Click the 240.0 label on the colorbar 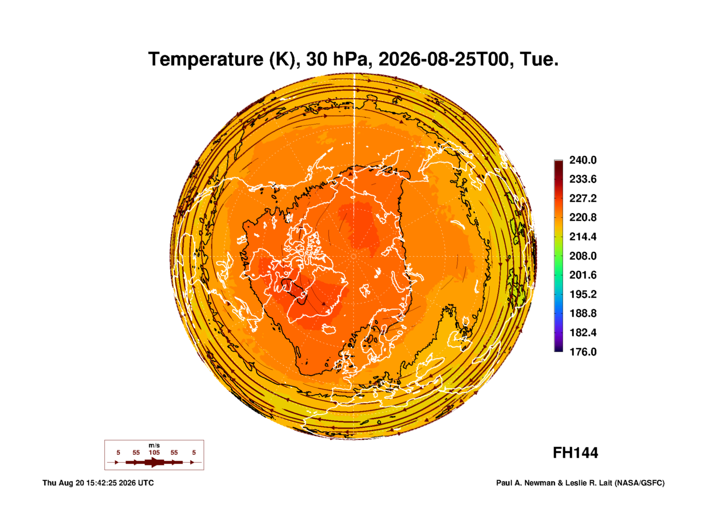click(583, 160)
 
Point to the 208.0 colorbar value click(583, 256)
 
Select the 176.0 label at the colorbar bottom click(583, 352)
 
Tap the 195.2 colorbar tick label click(583, 294)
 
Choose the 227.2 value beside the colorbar click(583, 198)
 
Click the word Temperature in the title click(206, 59)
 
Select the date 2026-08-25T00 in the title click(444, 59)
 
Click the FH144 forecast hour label click(575, 453)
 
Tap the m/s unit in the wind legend click(154, 445)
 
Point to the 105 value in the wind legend click(154, 452)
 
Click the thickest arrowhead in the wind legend click(154, 462)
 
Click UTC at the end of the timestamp click(146, 483)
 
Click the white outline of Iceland click(329, 329)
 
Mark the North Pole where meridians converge click(354, 256)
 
